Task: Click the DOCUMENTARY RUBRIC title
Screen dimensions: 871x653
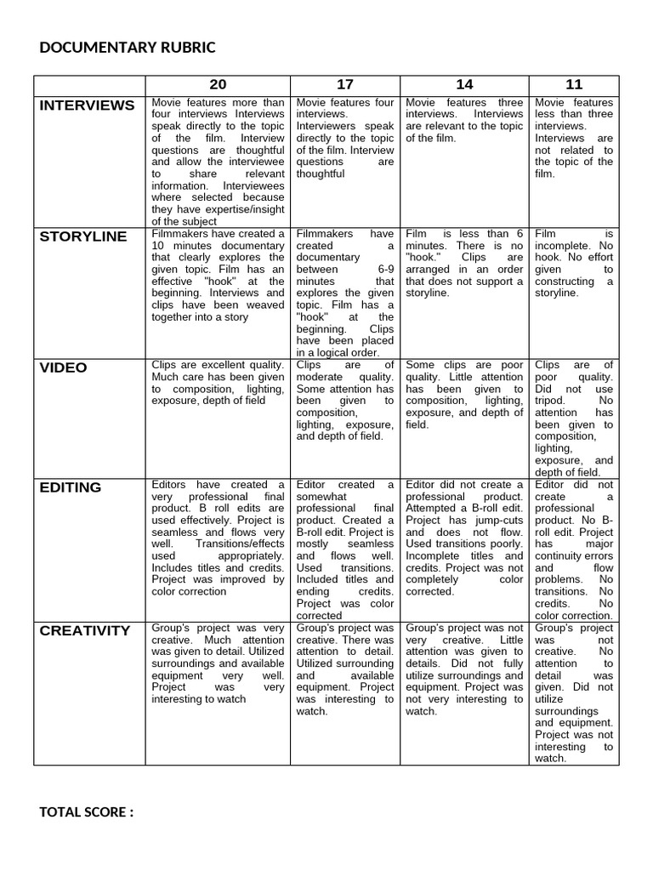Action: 128,47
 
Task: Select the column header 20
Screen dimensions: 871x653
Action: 218,84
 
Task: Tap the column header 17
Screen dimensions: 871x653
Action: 345,84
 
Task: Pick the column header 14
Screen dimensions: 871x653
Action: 464,84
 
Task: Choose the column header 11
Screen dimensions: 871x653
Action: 574,84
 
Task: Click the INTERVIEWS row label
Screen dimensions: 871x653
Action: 87,105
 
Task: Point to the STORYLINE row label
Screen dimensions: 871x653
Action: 83,236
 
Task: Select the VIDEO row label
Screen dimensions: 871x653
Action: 64,367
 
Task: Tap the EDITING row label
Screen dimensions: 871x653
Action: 71,487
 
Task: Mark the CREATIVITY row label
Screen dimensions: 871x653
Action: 85,630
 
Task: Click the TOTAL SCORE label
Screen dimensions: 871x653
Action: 86,811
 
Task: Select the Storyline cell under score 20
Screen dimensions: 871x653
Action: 218,275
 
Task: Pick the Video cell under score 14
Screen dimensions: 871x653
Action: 464,395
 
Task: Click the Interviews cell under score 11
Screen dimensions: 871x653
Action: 574,138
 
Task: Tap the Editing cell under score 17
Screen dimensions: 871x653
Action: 345,549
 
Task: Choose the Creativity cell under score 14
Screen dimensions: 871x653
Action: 464,669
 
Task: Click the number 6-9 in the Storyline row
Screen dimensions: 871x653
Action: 379,269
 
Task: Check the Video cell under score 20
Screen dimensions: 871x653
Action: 218,383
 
